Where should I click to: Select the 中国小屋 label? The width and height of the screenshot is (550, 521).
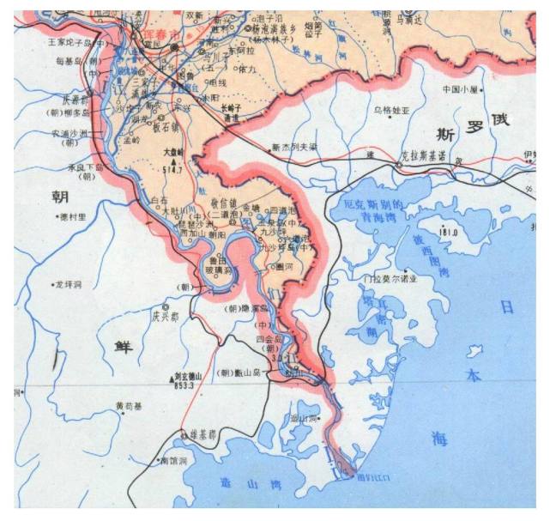(461, 88)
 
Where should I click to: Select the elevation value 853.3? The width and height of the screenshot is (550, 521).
(184, 385)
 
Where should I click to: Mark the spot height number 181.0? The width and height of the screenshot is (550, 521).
(448, 233)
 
